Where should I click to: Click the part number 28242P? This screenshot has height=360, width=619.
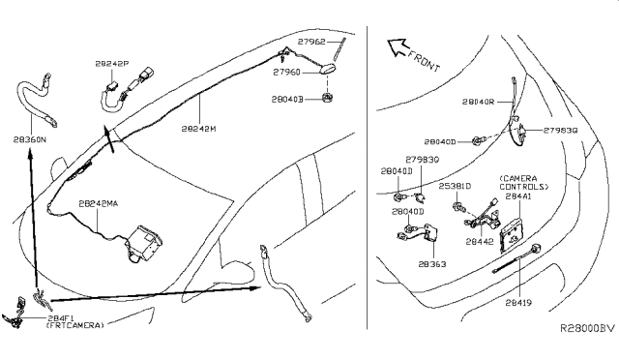[x=112, y=64]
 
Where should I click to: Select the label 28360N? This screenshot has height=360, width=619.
[x=30, y=139]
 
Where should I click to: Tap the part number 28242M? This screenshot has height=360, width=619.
[x=199, y=129]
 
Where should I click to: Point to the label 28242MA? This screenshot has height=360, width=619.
[x=99, y=204]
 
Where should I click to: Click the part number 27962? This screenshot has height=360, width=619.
[x=311, y=42]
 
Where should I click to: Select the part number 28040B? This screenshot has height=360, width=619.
[x=287, y=99]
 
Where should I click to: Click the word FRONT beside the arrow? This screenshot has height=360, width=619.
[x=424, y=60]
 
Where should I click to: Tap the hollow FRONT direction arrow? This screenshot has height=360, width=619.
[x=397, y=46]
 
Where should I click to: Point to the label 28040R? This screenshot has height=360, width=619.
[x=478, y=102]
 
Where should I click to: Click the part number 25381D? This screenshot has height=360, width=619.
[x=455, y=186]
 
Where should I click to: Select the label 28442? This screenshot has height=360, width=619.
[x=480, y=242]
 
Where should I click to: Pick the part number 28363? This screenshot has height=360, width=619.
[x=432, y=264]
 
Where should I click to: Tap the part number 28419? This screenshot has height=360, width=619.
[x=518, y=303]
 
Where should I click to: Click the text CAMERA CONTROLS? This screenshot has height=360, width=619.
[x=524, y=183]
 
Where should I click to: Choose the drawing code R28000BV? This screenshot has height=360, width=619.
[x=588, y=328]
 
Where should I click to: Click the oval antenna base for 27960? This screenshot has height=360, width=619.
[x=327, y=70]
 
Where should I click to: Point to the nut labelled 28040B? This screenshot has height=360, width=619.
[x=327, y=97]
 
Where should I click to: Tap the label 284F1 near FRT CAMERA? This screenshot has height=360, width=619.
[x=61, y=317]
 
